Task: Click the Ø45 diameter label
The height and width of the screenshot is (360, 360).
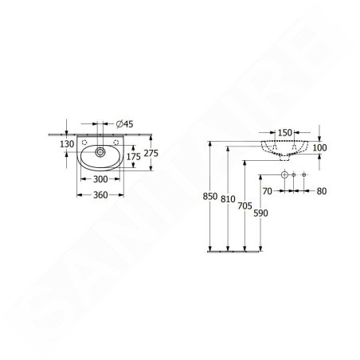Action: click(x=125, y=123)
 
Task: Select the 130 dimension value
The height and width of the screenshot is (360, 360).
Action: click(x=67, y=144)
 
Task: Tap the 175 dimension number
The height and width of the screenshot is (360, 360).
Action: click(x=133, y=157)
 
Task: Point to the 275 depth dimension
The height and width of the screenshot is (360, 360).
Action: click(x=151, y=153)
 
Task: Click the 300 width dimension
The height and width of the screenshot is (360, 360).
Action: click(x=100, y=179)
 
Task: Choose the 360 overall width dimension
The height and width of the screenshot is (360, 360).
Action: click(x=100, y=195)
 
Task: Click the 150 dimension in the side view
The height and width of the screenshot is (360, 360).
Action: click(x=285, y=132)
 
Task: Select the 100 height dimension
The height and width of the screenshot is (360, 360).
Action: click(x=319, y=147)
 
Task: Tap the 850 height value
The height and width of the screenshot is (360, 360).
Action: click(x=210, y=197)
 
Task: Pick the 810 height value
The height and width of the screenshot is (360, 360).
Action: click(x=228, y=199)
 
